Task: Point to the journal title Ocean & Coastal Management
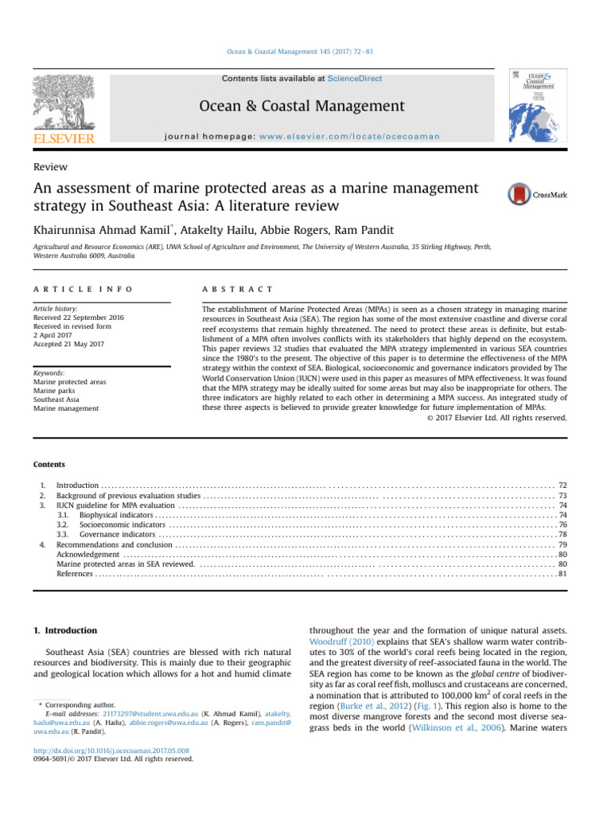pyautogui.click(x=313, y=106)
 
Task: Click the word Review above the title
pyautogui.click(x=50, y=167)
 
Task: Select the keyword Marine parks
pyautogui.click(x=55, y=390)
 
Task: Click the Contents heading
pyautogui.click(x=49, y=464)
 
